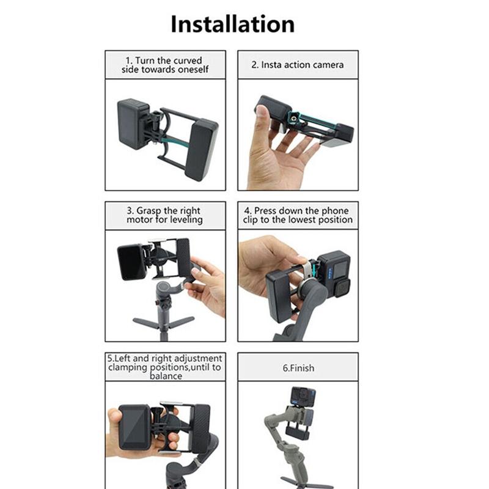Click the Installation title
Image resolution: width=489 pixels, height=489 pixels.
pyautogui.click(x=232, y=24)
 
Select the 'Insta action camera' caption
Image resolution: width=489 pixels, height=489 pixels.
pyautogui.click(x=298, y=65)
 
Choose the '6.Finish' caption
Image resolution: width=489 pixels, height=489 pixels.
pyautogui.click(x=298, y=369)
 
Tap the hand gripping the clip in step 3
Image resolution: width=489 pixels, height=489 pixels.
pyautogui.click(x=208, y=284)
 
